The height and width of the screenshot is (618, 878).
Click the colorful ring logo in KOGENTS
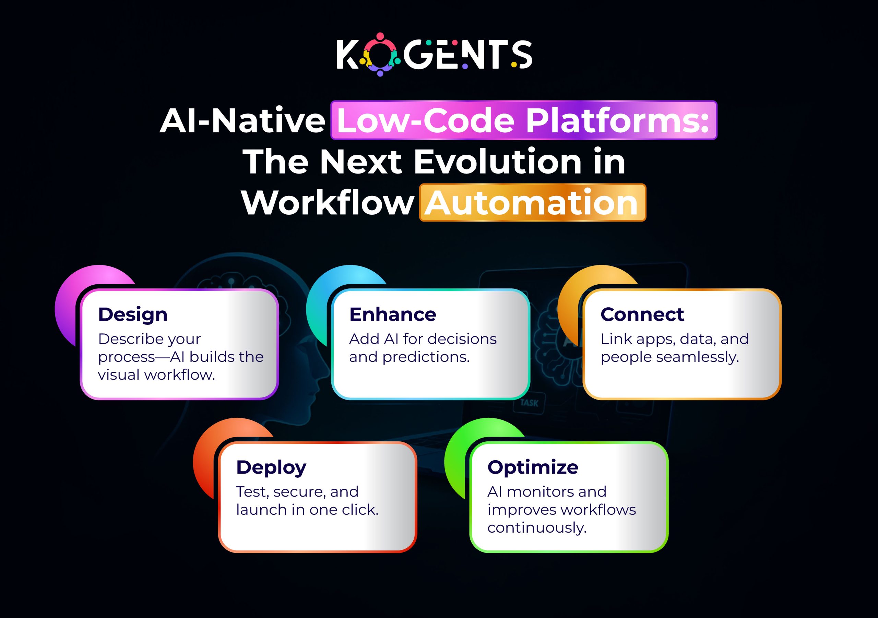point(380,54)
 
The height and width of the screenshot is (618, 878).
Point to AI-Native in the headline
point(242,121)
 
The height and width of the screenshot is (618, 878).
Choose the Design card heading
point(133,314)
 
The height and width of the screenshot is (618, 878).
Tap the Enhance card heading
point(392,314)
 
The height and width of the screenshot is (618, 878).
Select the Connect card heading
point(642,314)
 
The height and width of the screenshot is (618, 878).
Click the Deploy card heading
point(271,467)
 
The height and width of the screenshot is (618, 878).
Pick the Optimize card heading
point(533,467)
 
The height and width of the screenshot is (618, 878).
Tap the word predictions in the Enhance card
point(426,357)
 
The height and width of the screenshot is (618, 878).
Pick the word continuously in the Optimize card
point(536,528)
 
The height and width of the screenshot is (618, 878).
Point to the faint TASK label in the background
point(529,403)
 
